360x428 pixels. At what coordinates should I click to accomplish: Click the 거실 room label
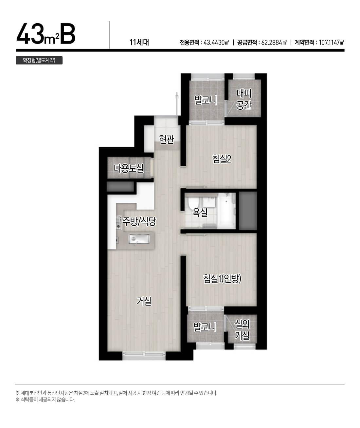pyautogui.click(x=144, y=301)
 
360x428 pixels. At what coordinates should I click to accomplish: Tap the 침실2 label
pyautogui.click(x=222, y=159)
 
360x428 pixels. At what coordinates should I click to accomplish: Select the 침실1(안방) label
pyautogui.click(x=222, y=279)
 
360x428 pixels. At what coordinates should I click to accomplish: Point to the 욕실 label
pyautogui.click(x=200, y=212)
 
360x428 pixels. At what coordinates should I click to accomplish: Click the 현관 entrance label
pyautogui.click(x=167, y=139)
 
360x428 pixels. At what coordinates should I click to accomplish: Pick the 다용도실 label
pyautogui.click(x=129, y=168)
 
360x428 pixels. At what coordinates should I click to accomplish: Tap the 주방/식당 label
pyautogui.click(x=139, y=221)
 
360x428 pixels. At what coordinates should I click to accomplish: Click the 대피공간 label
pyautogui.click(x=243, y=99)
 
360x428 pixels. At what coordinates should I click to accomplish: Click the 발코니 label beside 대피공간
pyautogui.click(x=206, y=100)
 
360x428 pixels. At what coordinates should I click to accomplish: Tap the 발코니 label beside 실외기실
pyautogui.click(x=205, y=327)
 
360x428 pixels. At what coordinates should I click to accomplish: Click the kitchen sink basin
pyautogui.click(x=139, y=239)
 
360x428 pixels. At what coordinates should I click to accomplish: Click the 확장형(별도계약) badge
pyautogui.click(x=39, y=60)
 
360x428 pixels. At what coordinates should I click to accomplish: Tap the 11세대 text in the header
pyautogui.click(x=139, y=42)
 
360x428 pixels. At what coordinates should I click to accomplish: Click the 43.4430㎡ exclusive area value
pyautogui.click(x=216, y=43)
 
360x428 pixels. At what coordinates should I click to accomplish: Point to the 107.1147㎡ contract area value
pyautogui.click(x=332, y=43)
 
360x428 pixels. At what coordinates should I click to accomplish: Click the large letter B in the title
pyautogui.click(x=68, y=34)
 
